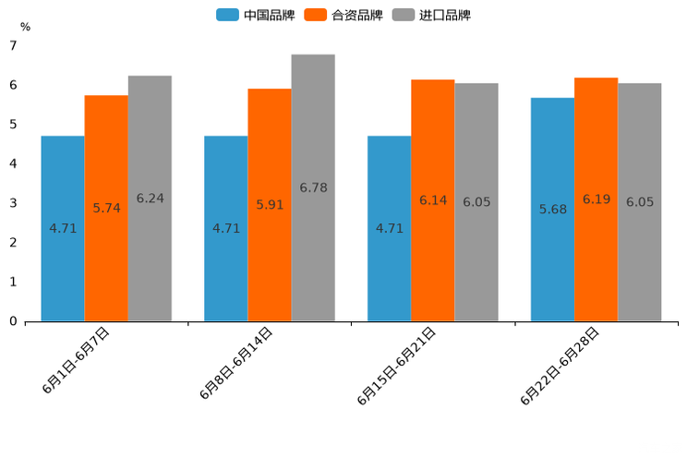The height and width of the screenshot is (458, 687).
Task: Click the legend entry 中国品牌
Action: [x=256, y=15]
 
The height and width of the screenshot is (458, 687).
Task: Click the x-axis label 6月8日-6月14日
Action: [x=236, y=363]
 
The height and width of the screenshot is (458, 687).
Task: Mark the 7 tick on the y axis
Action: [x=13, y=45]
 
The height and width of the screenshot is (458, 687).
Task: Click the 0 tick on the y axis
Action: [x=13, y=321]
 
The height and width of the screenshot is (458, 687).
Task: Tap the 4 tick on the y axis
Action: [x=13, y=163]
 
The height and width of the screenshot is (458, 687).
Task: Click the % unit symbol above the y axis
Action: [x=25, y=27]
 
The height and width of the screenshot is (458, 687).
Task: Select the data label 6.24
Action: [x=151, y=199]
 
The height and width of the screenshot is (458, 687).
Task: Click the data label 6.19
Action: [x=597, y=199]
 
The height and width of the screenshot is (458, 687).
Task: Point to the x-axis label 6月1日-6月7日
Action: [x=77, y=361]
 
